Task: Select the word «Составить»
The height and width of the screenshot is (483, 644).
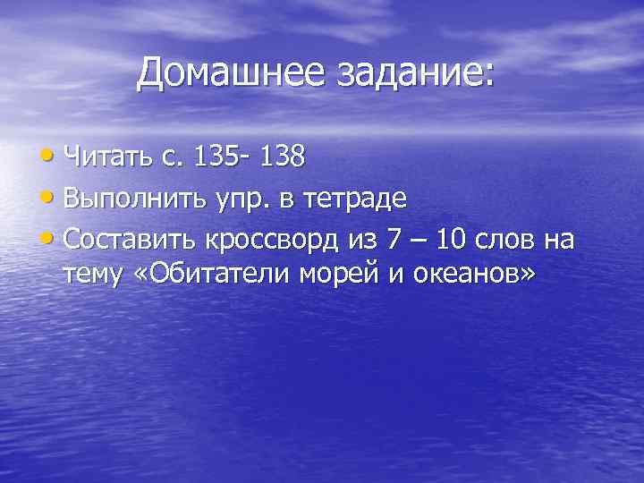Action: point(130,239)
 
